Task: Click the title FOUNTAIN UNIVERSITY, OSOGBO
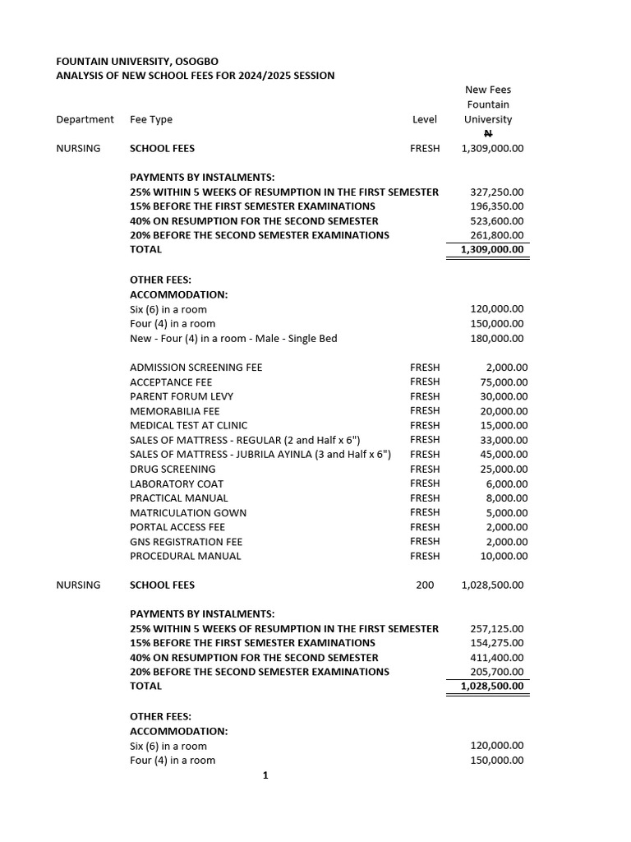pos(137,61)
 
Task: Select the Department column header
pos(85,119)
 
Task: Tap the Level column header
pos(425,119)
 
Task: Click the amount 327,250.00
pos(496,192)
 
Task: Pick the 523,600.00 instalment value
pos(496,220)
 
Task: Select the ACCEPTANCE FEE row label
pos(171,382)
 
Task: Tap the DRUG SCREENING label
pos(173,469)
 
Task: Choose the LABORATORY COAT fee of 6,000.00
pos(507,483)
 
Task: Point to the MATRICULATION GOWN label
pos(188,512)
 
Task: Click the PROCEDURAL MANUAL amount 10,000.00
pos(504,556)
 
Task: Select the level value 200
pos(425,585)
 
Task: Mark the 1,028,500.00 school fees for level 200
pos(492,585)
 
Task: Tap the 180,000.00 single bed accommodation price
pos(496,338)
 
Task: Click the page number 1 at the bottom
pos(265,775)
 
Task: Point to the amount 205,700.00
pos(496,672)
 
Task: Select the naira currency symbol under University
pos(488,133)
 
